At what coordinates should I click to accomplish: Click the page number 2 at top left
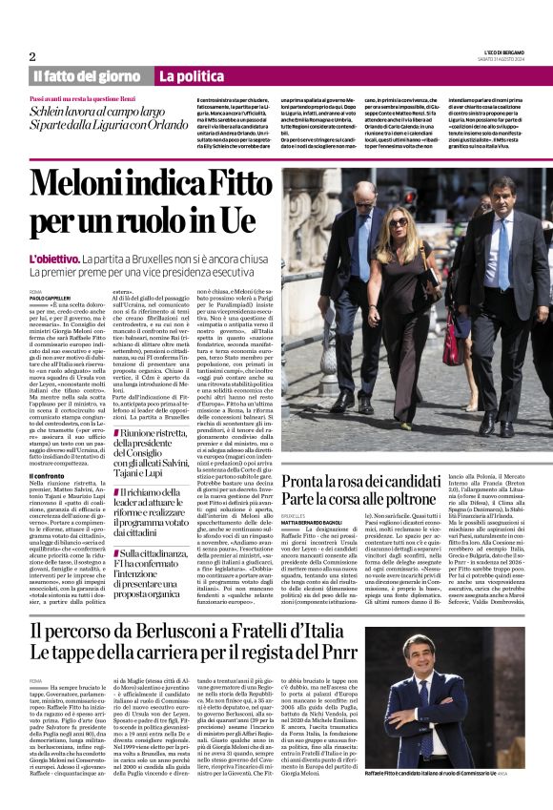click(32, 56)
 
